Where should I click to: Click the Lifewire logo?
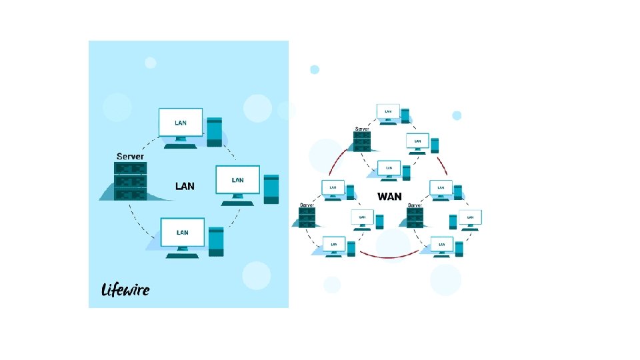pos(125,289)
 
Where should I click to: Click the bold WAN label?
pos(390,197)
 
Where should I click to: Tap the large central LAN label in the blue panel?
pos(185,186)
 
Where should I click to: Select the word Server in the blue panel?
pos(130,157)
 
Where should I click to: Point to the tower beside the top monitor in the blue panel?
pos(214,131)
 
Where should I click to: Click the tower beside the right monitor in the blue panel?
pos(271,189)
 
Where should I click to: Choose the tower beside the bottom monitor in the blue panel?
pos(216,241)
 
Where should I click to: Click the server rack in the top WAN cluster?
pos(362,141)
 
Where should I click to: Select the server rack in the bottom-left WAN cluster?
pos(307,218)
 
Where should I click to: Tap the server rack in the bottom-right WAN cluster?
pos(415,218)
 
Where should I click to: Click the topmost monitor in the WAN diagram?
pos(388,112)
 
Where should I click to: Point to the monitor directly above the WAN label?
pos(388,169)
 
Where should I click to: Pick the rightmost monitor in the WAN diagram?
pos(471,217)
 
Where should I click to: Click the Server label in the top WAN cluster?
pos(361,129)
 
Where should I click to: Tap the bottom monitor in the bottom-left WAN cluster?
pos(333,245)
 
